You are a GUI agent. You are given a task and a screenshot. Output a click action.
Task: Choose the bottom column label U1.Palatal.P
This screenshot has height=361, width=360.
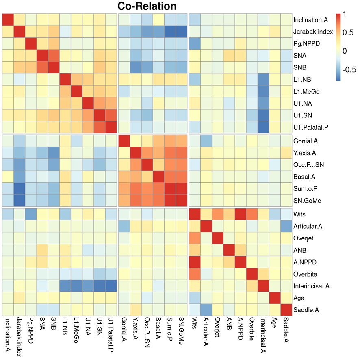click(111, 337)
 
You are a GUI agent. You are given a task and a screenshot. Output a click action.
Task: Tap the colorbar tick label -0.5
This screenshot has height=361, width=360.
click(349, 69)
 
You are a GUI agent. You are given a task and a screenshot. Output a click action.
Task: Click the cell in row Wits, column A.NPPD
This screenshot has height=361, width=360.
click(241, 214)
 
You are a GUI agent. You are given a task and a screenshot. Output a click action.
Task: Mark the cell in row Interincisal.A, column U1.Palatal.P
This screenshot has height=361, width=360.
click(111, 286)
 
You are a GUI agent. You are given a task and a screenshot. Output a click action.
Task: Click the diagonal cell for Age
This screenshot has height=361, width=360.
click(276, 298)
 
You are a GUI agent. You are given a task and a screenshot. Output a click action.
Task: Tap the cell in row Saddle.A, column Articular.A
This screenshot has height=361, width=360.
click(207, 309)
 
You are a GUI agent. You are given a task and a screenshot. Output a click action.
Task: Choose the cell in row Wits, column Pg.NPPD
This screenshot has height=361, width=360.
click(31, 214)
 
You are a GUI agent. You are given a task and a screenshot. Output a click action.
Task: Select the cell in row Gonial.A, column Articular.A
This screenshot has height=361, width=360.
click(207, 141)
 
